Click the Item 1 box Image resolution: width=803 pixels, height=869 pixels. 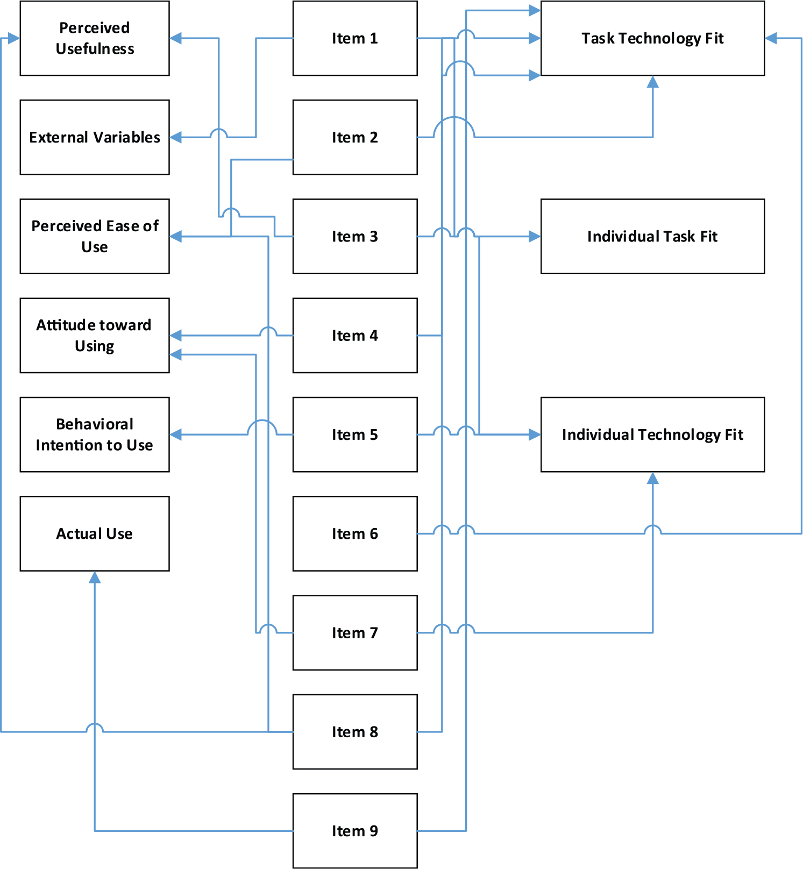[355, 38]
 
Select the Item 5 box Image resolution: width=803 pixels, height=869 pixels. [355, 434]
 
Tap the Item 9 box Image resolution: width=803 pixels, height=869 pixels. [355, 831]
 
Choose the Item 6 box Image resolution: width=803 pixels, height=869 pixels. [355, 533]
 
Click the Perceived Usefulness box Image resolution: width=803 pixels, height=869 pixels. [95, 38]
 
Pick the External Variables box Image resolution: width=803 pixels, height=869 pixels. [95, 137]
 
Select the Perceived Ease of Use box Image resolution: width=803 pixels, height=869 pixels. [95, 236]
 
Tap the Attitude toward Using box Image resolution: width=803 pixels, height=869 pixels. [95, 336]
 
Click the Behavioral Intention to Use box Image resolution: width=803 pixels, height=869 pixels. [95, 434]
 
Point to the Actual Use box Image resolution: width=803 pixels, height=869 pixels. [95, 533]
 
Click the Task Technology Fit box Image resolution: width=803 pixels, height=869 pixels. [652, 38]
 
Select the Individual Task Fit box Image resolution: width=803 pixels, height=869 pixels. [652, 236]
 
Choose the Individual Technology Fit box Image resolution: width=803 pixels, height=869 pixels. [652, 434]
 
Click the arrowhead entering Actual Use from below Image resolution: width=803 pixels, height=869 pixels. [95, 577]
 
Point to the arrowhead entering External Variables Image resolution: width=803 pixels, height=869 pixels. [176, 137]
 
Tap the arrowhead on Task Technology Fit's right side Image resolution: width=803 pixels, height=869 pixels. [771, 38]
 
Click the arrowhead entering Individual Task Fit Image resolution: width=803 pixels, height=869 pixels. [535, 236]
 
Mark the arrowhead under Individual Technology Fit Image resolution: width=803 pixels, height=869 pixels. [652, 478]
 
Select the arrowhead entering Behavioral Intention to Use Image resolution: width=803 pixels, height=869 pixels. [176, 434]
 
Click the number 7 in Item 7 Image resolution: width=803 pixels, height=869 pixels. [374, 633]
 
